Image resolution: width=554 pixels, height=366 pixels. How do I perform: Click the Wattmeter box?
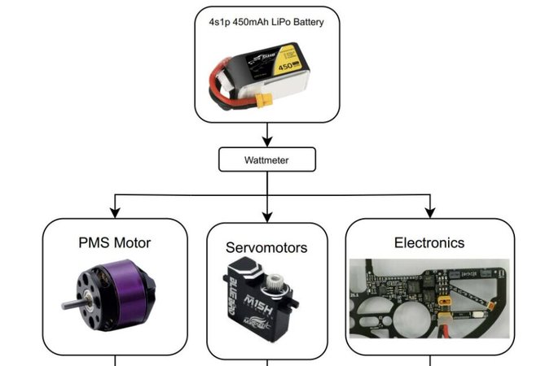pos(266,160)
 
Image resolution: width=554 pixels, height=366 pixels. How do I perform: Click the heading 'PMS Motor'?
pos(114,242)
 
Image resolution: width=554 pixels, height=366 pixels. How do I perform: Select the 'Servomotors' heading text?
pos(266,247)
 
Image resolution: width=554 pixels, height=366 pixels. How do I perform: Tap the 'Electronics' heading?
pos(429,242)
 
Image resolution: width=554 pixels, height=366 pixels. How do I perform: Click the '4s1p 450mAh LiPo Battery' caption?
pos(266,22)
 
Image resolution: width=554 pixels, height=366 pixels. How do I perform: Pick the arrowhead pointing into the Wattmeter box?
pos(266,142)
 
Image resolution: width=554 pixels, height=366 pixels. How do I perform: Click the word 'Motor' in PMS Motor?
pos(132,242)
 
